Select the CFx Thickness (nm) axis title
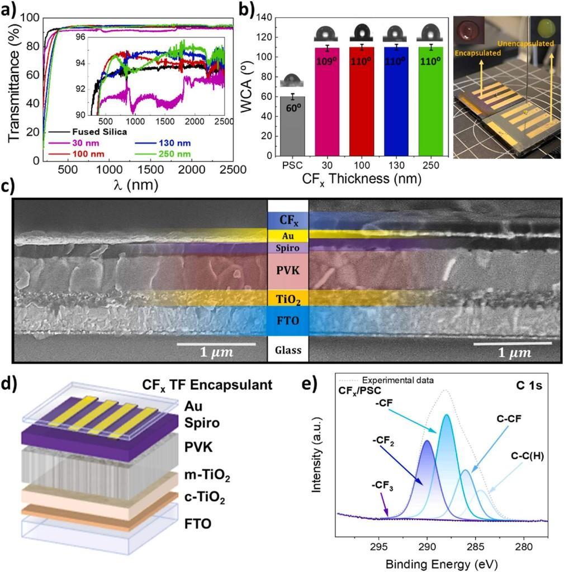coord(362,179)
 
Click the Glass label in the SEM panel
coord(288,350)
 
